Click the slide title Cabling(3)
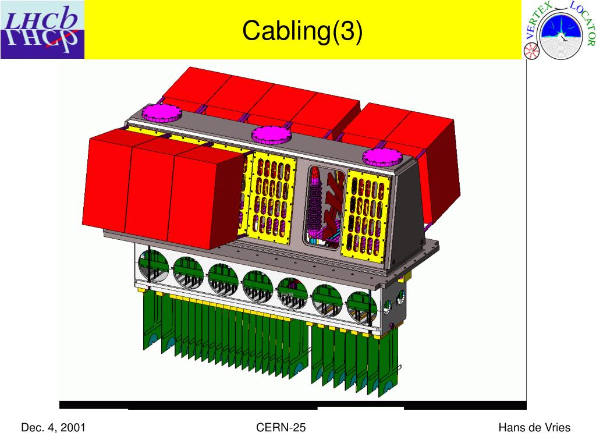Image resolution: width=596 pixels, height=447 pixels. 303,31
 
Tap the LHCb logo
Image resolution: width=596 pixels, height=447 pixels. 42,30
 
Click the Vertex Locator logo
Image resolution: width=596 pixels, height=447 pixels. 558,30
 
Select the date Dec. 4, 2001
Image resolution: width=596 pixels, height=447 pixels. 53,428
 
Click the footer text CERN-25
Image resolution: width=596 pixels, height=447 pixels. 281,428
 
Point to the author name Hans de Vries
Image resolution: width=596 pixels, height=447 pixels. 534,428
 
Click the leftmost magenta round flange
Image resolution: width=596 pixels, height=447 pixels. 162,113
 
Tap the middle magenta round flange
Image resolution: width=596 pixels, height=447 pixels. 271,135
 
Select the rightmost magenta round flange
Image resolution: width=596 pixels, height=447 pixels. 382,157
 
